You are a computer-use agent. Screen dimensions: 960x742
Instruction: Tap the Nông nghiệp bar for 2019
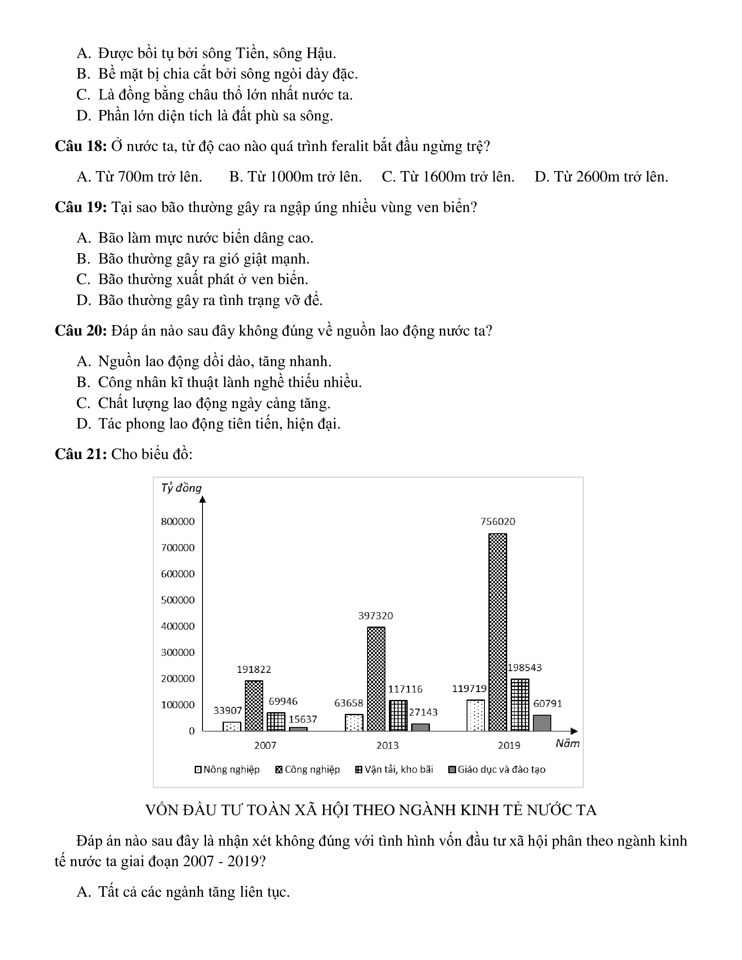(x=476, y=715)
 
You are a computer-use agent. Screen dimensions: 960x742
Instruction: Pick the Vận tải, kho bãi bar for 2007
(x=276, y=721)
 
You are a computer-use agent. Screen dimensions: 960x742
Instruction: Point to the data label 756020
(x=498, y=521)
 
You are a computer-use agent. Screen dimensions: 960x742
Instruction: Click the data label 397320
(x=375, y=615)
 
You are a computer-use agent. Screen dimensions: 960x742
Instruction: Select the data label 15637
(x=302, y=719)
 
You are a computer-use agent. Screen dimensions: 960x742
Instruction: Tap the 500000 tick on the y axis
(x=178, y=600)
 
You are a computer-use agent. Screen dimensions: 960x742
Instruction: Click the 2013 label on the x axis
(x=387, y=745)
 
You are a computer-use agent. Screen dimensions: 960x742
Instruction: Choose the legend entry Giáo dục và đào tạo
(x=497, y=769)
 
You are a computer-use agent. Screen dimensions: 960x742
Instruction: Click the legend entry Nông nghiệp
(x=227, y=769)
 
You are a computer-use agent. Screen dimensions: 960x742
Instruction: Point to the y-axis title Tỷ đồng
(x=181, y=488)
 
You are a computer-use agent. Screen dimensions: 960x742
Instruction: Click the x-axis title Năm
(x=567, y=744)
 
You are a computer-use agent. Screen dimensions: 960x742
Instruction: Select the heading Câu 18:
(x=81, y=146)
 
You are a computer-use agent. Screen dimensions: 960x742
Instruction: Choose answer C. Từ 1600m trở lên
(x=448, y=177)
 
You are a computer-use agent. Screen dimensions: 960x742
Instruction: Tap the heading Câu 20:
(x=81, y=331)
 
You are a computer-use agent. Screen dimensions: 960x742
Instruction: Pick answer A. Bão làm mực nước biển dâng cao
(x=195, y=238)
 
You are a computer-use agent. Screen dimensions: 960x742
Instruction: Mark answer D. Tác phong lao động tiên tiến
(x=208, y=424)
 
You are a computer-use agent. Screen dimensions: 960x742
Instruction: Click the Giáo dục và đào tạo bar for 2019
(x=542, y=723)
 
